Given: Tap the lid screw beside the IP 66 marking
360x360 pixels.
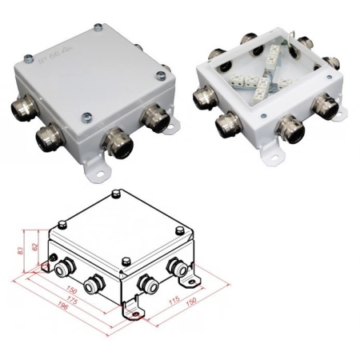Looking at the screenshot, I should tap(28, 57).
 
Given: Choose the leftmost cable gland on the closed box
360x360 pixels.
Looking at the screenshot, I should tap(18, 107).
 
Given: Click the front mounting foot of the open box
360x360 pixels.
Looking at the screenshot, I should tap(277, 150).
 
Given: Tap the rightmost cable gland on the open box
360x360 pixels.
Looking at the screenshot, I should tap(327, 106).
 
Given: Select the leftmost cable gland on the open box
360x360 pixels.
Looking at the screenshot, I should tap(203, 96).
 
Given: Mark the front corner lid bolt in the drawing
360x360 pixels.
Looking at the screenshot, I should tap(126, 261).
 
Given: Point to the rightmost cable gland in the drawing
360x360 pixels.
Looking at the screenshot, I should tap(174, 269).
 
